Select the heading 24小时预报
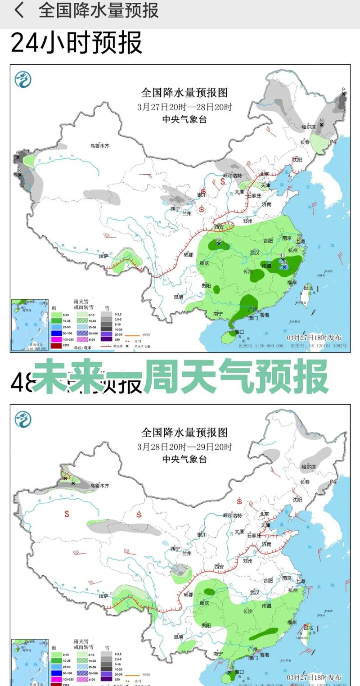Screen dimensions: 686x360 pos(76,43)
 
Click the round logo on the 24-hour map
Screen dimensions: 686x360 pos(23,80)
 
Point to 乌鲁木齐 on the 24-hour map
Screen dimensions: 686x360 pos(99,146)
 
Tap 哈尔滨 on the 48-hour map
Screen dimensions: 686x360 pos(309,467)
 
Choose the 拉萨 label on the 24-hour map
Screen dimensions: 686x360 pos(104,256)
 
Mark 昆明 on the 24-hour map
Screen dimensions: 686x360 pos(178,297)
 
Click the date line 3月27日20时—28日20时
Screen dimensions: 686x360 pos(184,108)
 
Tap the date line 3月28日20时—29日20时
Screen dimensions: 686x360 pos(184,447)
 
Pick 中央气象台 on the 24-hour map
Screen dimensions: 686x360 pos(184,120)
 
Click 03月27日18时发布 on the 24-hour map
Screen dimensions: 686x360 pos(314,338)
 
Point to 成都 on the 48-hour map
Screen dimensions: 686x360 pos(189,595)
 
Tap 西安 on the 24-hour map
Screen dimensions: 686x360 pos(219,226)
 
